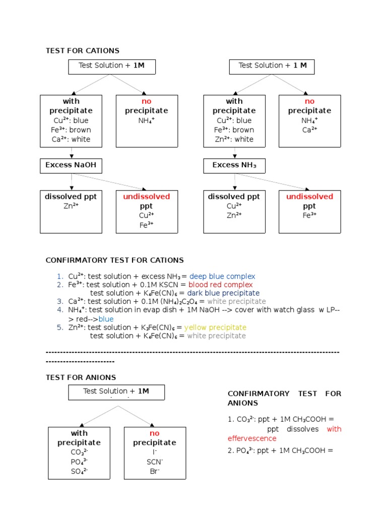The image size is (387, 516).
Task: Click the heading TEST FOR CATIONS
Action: click(x=83, y=50)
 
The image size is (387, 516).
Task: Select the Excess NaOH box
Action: click(x=71, y=165)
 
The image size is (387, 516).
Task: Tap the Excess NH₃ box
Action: click(x=234, y=165)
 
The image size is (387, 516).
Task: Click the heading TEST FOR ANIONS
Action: click(x=81, y=377)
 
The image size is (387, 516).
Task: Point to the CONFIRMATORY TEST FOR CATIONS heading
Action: click(x=115, y=260)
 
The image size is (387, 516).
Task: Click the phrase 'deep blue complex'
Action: click(x=222, y=276)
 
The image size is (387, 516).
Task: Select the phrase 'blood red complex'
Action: click(x=221, y=285)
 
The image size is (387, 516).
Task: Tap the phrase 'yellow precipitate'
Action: click(x=215, y=328)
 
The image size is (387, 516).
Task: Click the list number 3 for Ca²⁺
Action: click(x=60, y=301)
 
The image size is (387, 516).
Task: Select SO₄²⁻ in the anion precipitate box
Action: click(x=79, y=471)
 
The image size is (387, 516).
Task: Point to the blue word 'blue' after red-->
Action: click(x=106, y=319)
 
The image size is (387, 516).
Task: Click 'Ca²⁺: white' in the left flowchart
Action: click(x=72, y=139)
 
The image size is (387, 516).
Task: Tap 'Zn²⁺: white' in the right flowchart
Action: click(x=234, y=139)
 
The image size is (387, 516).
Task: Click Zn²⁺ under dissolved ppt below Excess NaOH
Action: click(x=71, y=206)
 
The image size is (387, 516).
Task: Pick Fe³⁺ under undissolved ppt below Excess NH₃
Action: click(x=309, y=216)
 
